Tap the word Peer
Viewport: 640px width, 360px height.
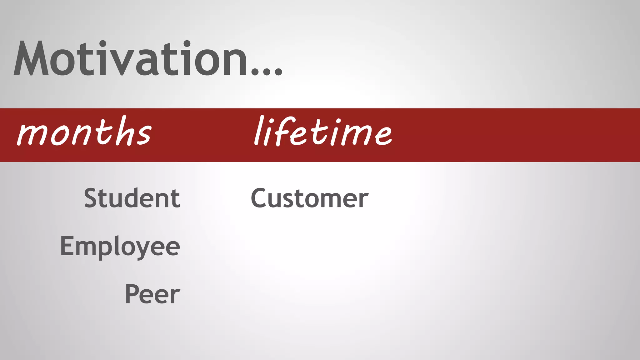click(152, 294)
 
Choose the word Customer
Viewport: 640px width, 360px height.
click(309, 198)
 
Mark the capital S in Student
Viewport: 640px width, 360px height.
click(91, 198)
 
